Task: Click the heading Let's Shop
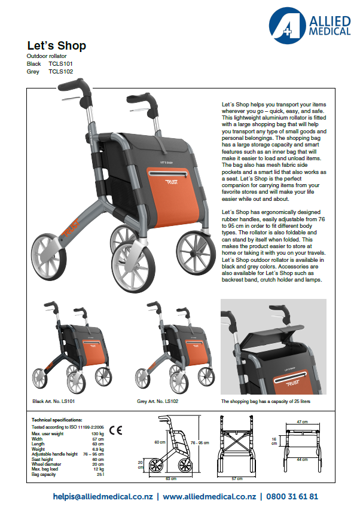57,45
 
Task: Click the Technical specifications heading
57,420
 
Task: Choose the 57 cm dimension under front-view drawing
237,478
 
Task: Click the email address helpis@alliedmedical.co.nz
103,496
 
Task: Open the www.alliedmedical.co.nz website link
209,496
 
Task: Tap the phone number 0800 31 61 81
293,496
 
